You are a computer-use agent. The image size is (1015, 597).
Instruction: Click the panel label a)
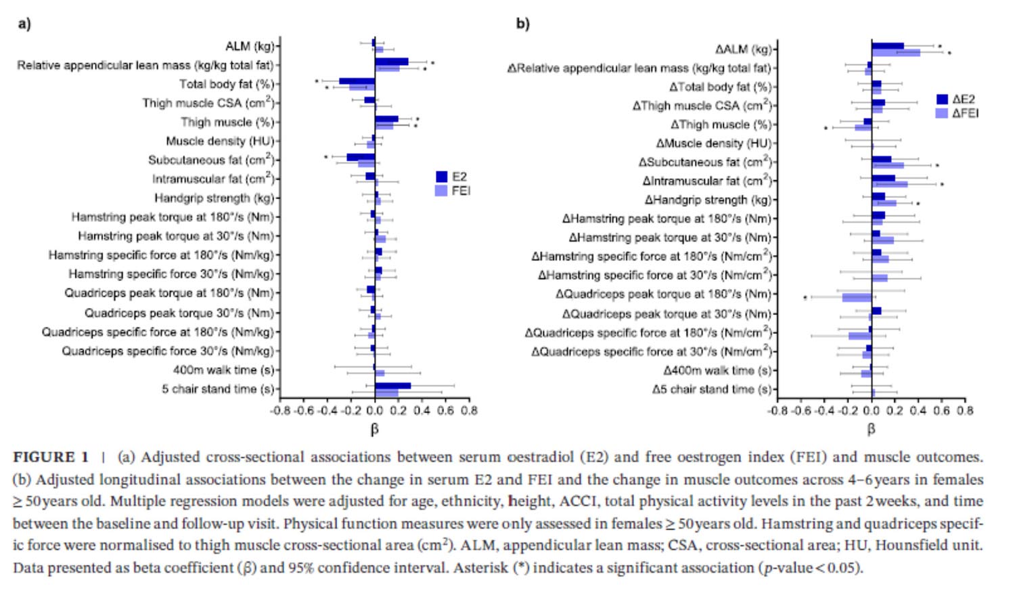24,24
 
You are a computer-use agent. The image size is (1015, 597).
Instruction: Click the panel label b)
522,24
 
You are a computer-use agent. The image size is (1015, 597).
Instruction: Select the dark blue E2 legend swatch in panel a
441,177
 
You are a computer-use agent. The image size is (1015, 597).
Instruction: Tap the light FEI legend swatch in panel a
441,191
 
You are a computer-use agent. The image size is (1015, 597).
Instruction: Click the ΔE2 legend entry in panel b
942,99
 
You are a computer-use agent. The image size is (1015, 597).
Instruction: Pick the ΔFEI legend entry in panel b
942,113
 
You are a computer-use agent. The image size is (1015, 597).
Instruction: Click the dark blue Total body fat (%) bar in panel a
357,81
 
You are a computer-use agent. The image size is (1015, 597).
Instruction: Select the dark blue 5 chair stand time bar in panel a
392,386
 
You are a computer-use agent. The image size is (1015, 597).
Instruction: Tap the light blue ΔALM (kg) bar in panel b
895,53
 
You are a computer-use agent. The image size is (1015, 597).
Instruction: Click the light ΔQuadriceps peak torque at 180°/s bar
857,298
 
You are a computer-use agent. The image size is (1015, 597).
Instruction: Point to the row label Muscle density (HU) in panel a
221,141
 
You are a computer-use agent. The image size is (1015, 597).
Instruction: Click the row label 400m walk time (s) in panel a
224,370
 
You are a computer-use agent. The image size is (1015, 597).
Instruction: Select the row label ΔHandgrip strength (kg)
708,200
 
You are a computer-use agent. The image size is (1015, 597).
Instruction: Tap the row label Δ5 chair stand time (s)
712,389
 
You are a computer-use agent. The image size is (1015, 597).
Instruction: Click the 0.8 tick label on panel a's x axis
469,410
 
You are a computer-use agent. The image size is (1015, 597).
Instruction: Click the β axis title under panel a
374,429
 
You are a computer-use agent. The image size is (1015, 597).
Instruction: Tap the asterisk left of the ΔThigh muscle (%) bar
826,128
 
